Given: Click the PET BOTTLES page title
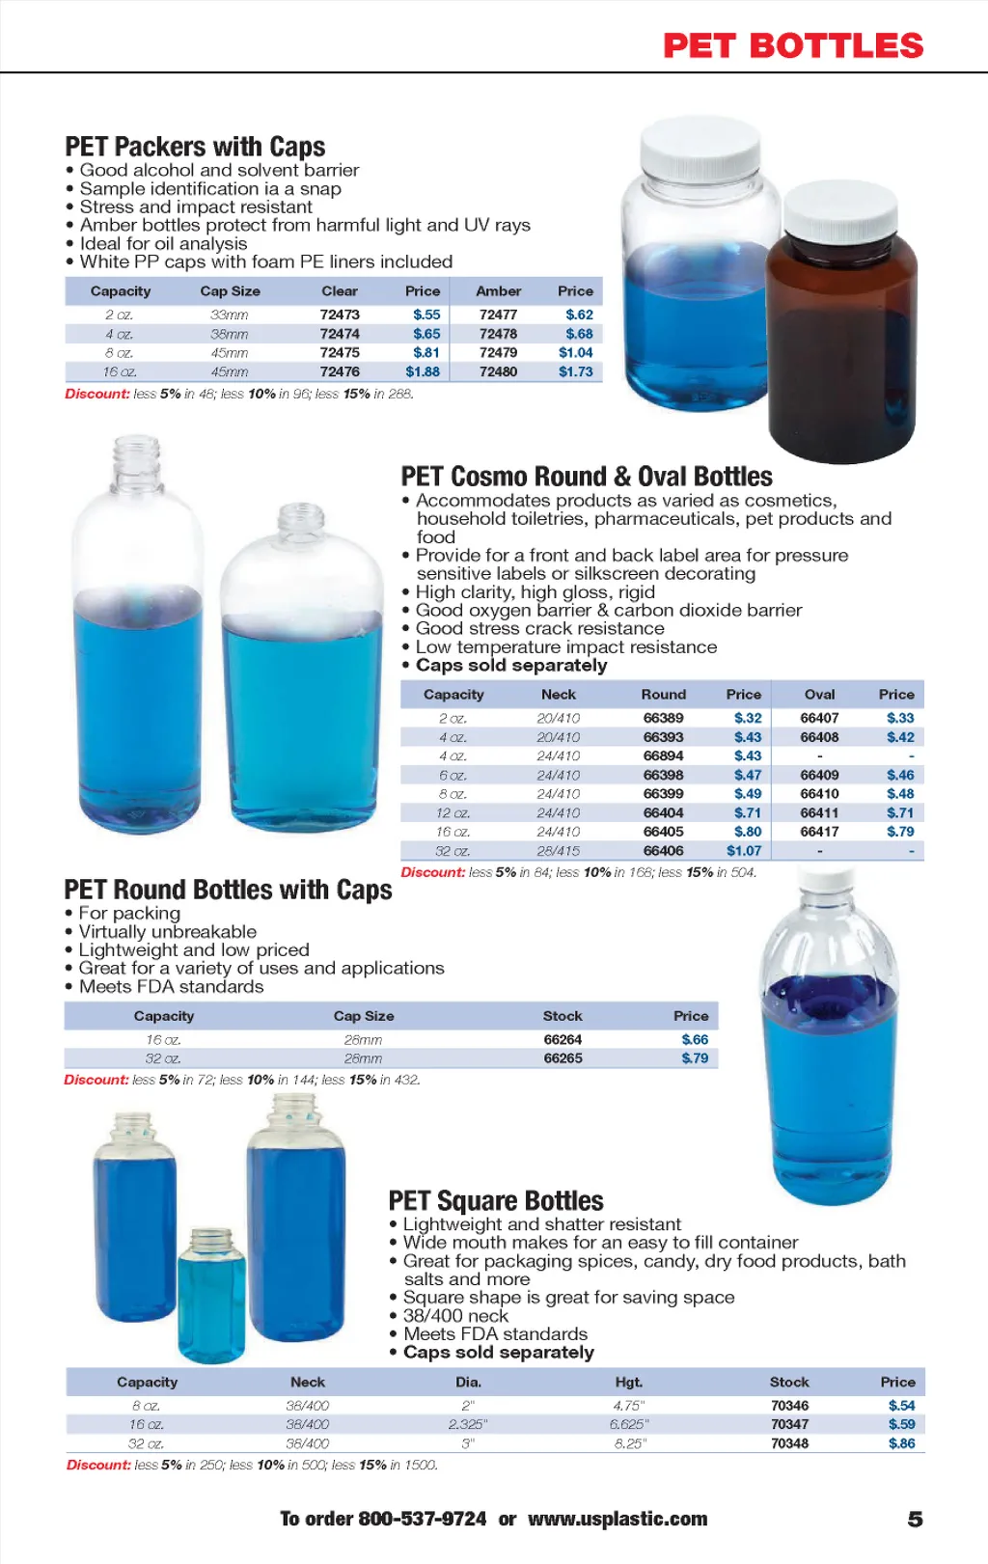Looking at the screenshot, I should pos(793,45).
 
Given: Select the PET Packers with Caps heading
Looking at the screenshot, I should pos(195,147).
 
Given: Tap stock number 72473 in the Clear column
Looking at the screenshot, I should pos(340,315).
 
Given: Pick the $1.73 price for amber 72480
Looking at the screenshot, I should pos(576,371).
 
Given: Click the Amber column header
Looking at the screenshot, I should pos(498,291).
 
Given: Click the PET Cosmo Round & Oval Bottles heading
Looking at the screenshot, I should pos(587,477).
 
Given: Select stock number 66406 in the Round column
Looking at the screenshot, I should pos(663,851).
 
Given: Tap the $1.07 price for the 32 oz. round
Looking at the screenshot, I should pos(744,851).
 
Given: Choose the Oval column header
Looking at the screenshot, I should pos(819,695).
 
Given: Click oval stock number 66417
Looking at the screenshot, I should pos(819,832).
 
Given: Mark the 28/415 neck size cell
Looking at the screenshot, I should pos(559,851).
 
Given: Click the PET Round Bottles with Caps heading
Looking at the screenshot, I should pos(228,890).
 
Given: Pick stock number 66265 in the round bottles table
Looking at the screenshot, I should pos(563,1058).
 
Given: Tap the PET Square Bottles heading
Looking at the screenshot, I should pos(496,1201).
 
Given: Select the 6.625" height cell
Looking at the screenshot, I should pos(629,1424).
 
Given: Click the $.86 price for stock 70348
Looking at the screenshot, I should pos(901,1443).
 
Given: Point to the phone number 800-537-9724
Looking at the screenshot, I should pos(422,1519).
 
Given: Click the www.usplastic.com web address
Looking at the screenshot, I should pos(617,1519).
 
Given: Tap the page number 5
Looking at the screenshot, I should pos(915,1520).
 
